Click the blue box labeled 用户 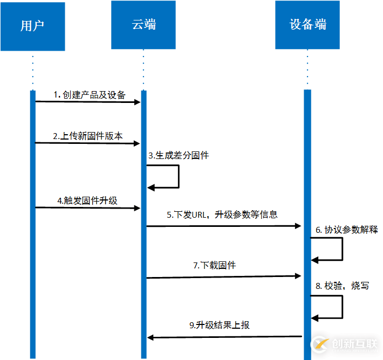pos(32,26)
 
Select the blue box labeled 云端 pos(143,25)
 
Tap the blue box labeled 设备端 pos(307,25)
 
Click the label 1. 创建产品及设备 pos(89,95)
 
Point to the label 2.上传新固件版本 pos(87,136)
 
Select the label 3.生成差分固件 pos(179,156)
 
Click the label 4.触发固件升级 pos(87,200)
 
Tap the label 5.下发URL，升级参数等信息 pos(222,214)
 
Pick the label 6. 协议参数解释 pos(347,230)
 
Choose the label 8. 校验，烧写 pos(343,286)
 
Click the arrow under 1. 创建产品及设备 pos(88,102)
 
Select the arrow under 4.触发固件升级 pos(88,207)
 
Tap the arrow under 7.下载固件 pos(223,277)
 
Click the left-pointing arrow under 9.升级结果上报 pos(224,337)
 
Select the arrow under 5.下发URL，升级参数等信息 pos(223,226)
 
